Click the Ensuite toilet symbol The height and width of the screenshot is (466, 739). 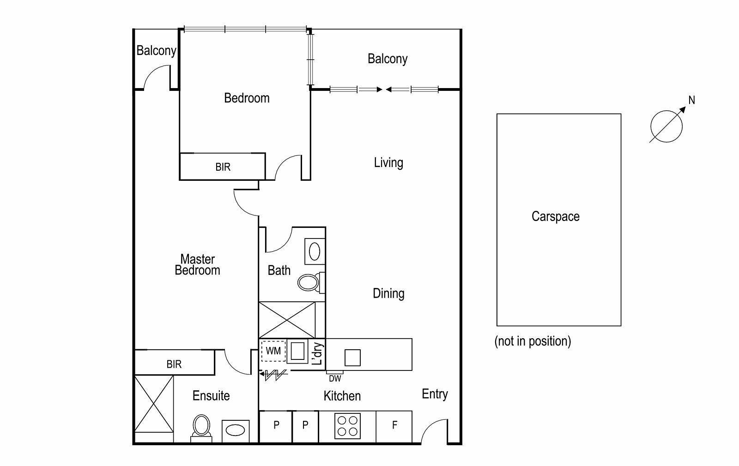point(201,428)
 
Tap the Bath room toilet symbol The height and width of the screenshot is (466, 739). point(311,282)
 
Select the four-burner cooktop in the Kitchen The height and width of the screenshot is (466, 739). point(347,426)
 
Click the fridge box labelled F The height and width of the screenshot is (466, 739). point(394,426)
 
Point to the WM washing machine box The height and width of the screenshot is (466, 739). point(273,351)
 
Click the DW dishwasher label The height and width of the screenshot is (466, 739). point(335,379)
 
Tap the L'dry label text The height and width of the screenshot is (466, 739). point(317,353)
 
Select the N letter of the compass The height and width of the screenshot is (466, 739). point(691,100)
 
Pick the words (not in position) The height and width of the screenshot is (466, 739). point(533,341)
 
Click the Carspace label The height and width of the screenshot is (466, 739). point(556,216)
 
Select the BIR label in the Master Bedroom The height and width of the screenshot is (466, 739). point(174,364)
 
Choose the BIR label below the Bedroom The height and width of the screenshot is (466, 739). point(223,167)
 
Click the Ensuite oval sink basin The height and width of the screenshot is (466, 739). point(235,430)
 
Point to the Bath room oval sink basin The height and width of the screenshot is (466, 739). point(315,251)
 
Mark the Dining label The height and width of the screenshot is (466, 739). point(388,293)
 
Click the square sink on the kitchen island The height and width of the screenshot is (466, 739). point(352,358)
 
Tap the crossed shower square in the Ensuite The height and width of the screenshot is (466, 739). point(154,404)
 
